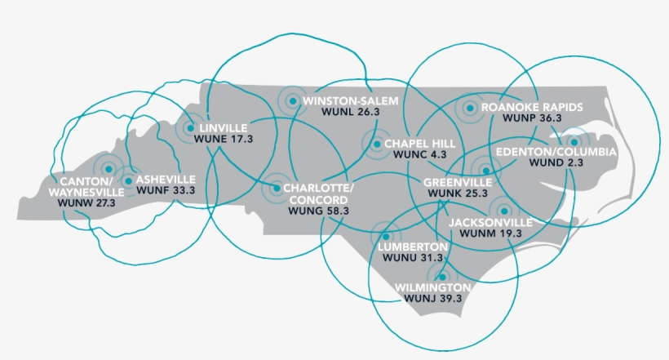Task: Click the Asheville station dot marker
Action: [x=128, y=180]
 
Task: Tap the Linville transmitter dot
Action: [x=189, y=128]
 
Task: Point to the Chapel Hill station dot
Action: [x=376, y=144]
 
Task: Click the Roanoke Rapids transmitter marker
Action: [x=470, y=108]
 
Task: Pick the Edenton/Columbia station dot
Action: [x=574, y=141]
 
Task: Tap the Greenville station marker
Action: [x=486, y=171]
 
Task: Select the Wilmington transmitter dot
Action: [x=442, y=277]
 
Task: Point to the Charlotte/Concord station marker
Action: [x=275, y=188]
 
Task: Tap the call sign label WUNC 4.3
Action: [x=419, y=153]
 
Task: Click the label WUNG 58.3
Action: [x=319, y=210]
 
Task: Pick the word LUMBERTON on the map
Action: [x=412, y=246]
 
